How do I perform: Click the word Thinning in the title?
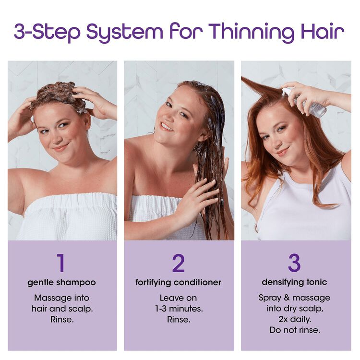(253, 32)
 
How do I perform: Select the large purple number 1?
(61, 263)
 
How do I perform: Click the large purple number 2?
(179, 263)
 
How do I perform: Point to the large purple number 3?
(294, 263)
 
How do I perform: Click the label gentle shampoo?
(61, 282)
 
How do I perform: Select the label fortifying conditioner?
(179, 282)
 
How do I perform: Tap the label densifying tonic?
(295, 282)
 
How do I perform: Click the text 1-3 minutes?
(179, 309)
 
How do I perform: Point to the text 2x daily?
(295, 319)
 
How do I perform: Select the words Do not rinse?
(295, 330)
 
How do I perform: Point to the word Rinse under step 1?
(61, 319)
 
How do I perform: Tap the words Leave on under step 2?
(179, 298)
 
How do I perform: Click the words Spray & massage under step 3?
(295, 298)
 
